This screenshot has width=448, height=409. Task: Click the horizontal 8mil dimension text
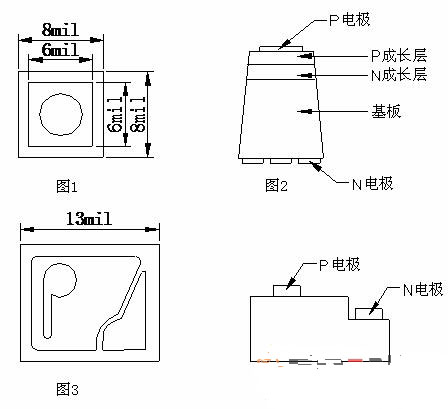[60, 30]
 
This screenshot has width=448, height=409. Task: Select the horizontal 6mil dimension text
[60, 50]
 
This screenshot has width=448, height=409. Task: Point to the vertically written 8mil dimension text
[139, 114]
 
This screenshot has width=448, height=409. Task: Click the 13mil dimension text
[89, 219]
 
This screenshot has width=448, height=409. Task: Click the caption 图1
[67, 186]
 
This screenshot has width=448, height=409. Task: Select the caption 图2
[276, 185]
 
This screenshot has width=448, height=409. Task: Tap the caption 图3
[68, 389]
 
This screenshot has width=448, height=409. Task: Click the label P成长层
[399, 55]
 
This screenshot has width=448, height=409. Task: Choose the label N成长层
[399, 74]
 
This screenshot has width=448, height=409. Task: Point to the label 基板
[386, 111]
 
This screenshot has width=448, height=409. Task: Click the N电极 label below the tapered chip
[373, 184]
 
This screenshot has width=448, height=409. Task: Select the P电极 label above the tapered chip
[350, 20]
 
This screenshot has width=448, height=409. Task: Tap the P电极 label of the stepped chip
[340, 265]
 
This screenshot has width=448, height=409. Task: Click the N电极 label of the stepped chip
[423, 289]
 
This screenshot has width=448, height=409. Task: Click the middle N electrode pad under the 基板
[281, 161]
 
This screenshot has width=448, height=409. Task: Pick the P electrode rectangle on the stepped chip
[287, 291]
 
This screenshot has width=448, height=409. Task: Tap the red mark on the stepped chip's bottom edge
[355, 360]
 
